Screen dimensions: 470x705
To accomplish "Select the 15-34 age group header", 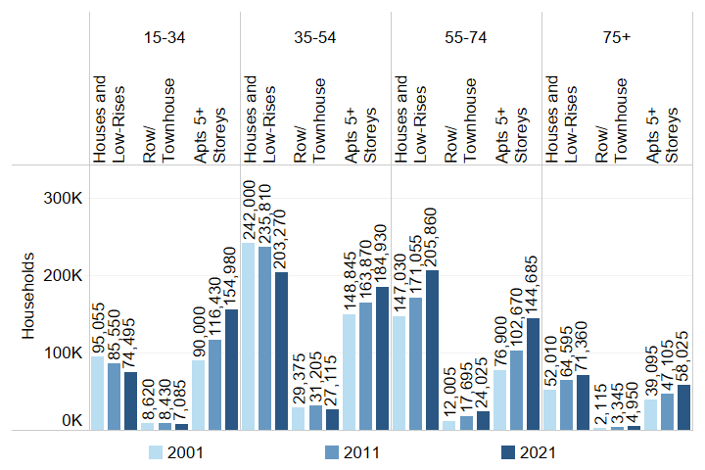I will (164, 38).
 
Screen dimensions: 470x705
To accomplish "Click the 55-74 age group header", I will (466, 38).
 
